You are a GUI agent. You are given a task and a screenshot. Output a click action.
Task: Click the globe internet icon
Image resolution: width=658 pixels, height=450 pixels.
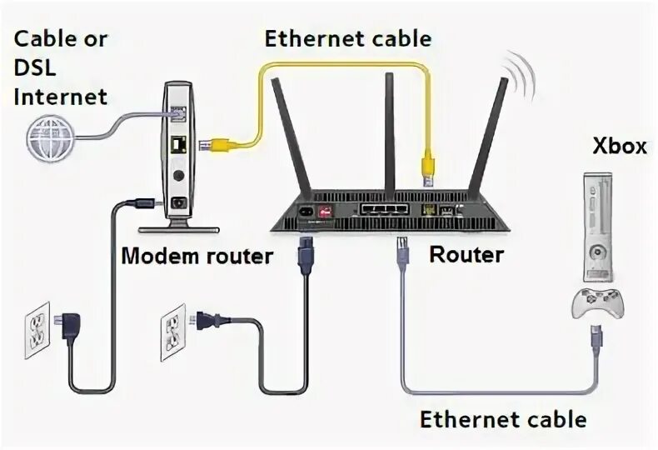click(48, 137)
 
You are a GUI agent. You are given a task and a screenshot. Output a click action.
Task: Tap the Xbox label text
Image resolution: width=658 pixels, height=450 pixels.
click(619, 147)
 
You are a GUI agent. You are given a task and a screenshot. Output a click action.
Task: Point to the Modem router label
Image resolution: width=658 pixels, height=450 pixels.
click(197, 255)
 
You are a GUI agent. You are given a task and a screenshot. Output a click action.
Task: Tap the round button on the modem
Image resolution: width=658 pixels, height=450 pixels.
click(179, 177)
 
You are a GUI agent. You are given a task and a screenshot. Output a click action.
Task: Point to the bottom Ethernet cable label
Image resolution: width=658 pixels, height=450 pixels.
click(503, 419)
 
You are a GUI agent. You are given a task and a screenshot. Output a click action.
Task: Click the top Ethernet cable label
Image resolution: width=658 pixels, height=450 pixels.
click(347, 38)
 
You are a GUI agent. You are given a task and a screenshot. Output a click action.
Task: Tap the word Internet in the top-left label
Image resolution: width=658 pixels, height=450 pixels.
click(61, 97)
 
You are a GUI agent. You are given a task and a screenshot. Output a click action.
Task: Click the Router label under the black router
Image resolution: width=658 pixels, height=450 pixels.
click(466, 253)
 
